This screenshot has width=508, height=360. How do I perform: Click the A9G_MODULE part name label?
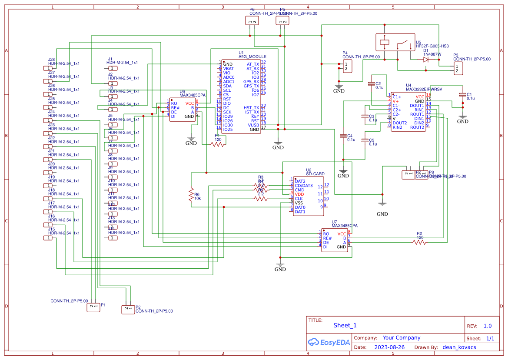[252, 57]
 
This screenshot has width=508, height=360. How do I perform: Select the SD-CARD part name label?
[315, 174]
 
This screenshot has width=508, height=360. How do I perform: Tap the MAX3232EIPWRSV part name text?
[424, 90]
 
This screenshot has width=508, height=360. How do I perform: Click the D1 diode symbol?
[426, 60]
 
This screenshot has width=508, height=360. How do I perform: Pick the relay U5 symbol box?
[395, 43]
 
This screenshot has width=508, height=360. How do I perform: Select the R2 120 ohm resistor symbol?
[419, 242]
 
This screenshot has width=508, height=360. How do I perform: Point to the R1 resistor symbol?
[217, 144]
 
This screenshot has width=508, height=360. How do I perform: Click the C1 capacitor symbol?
[462, 95]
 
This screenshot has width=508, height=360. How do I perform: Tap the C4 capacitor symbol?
[343, 136]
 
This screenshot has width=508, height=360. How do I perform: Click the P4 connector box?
[346, 66]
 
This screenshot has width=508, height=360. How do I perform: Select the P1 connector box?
[93, 307]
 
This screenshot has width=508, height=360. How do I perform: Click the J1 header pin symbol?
[112, 68]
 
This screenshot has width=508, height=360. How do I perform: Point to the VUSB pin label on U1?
[253, 125]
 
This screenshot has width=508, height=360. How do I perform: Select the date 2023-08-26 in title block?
[389, 347]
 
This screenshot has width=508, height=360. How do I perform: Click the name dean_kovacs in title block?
[459, 347]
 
